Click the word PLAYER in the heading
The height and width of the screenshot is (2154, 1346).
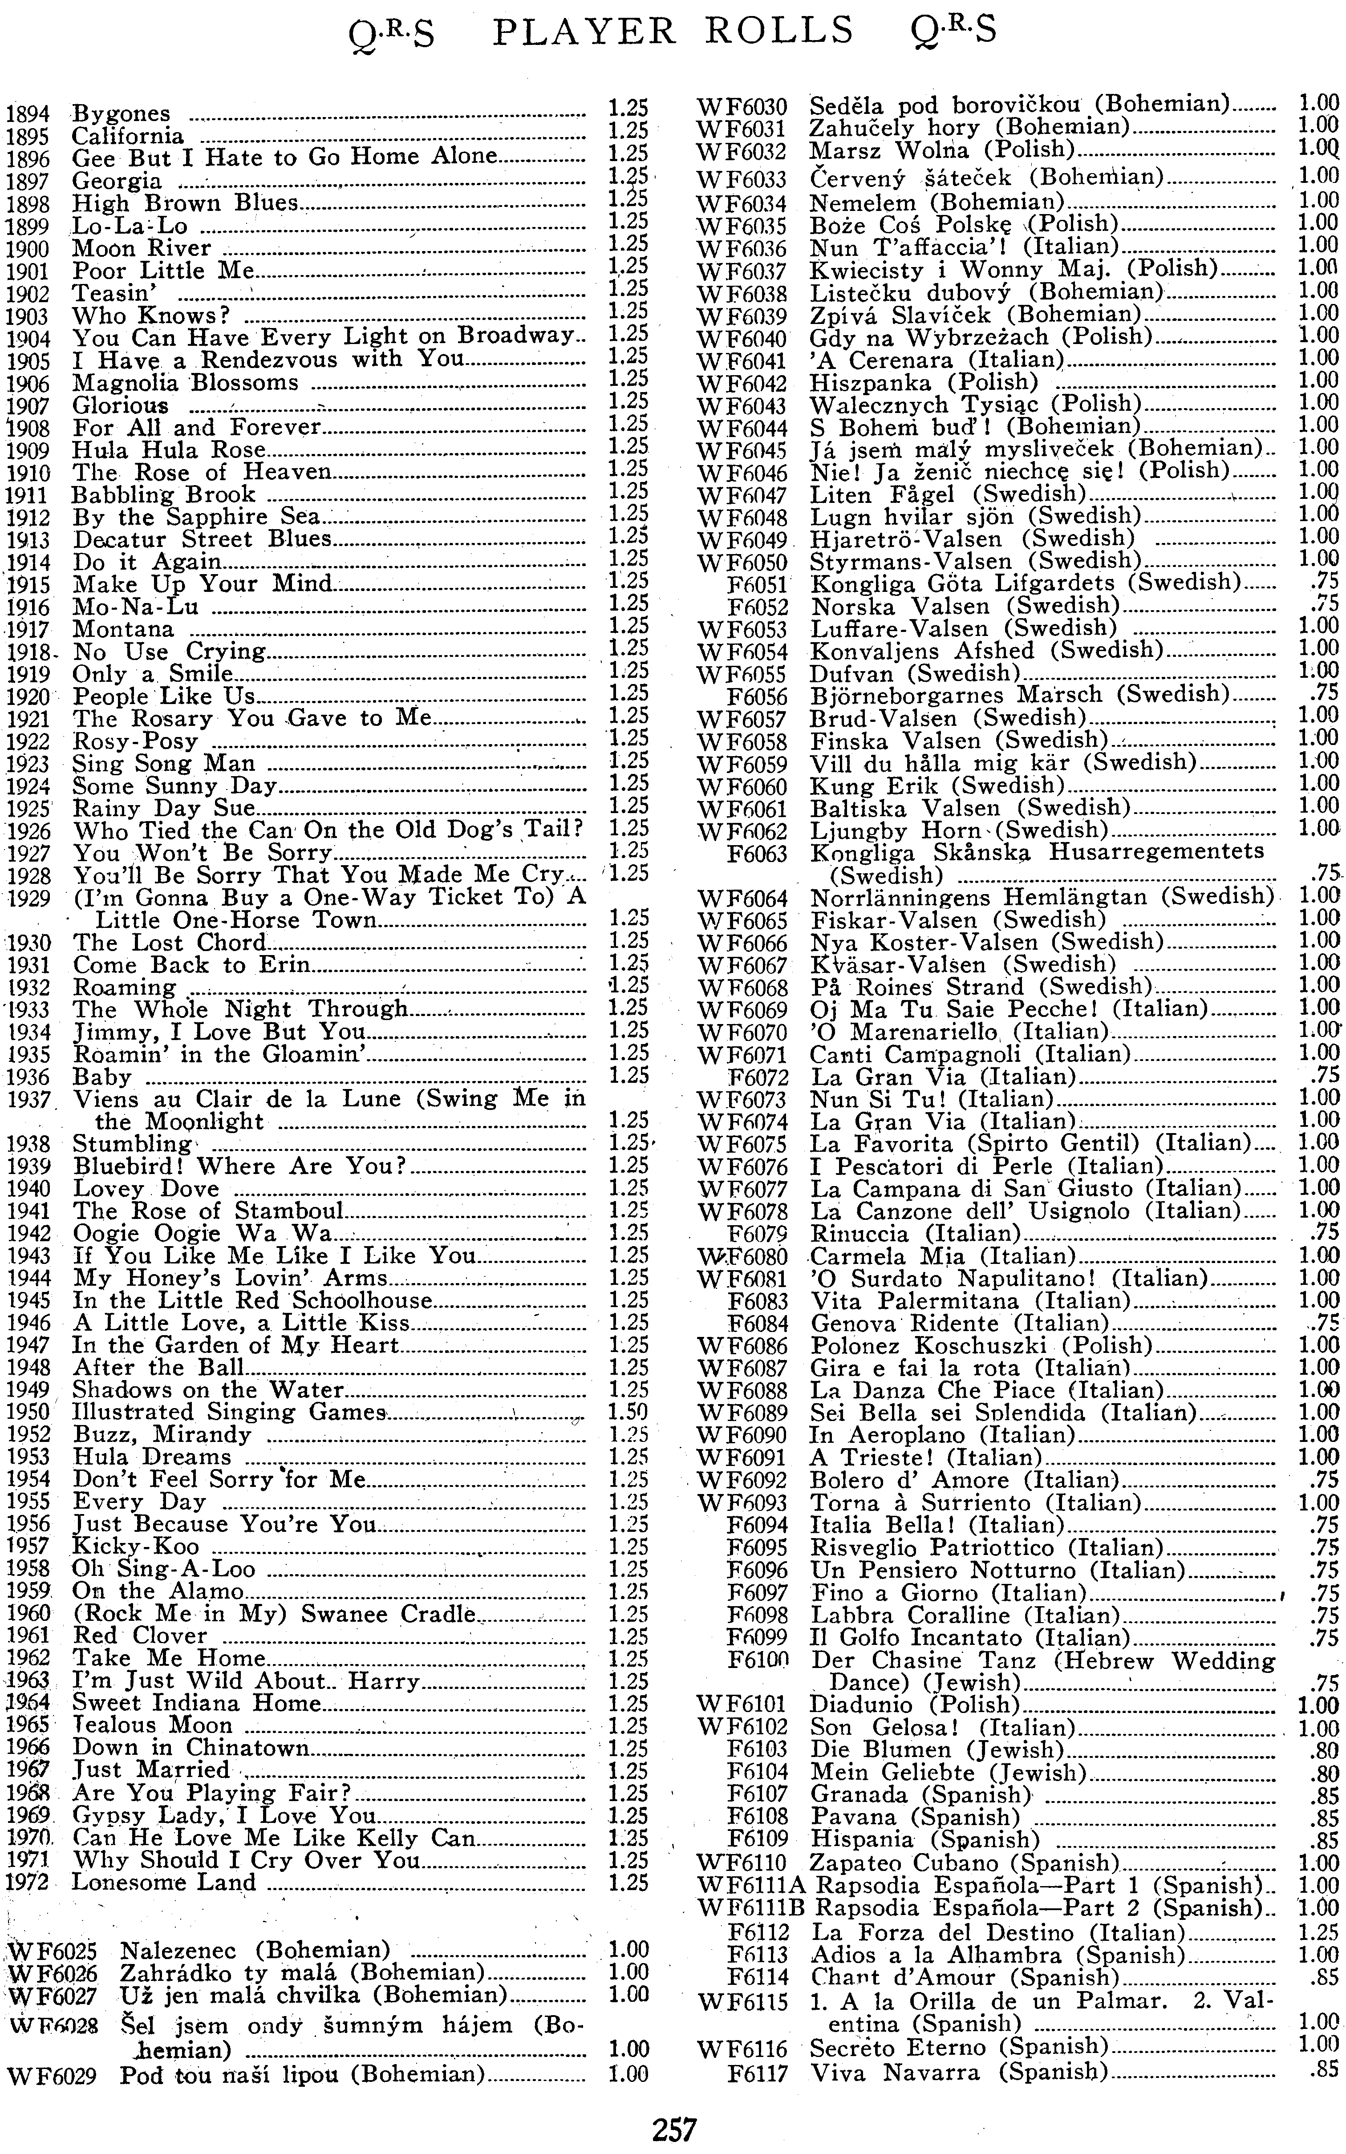click(x=584, y=32)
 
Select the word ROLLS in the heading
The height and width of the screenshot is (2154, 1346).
click(x=779, y=32)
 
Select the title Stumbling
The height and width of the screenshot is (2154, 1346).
click(x=132, y=1144)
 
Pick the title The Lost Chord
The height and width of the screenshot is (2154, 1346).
click(x=169, y=943)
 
